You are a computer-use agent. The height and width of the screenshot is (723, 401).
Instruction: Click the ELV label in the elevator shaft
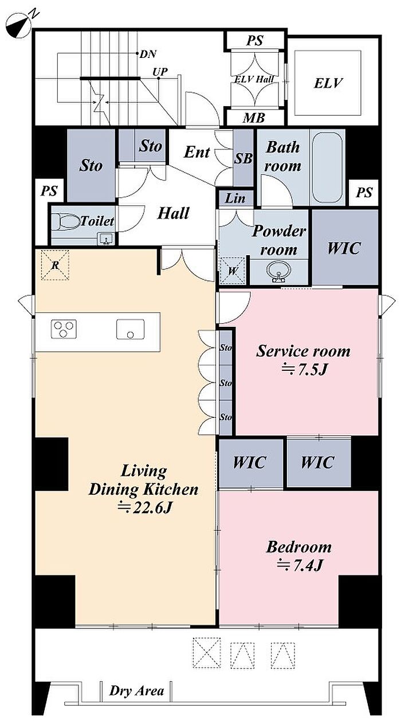point(328,83)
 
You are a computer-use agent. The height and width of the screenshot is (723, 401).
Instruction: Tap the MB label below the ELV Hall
point(254,118)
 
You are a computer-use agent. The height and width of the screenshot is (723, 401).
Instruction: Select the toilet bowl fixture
point(66,222)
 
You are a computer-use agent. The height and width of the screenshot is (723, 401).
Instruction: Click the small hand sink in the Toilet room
point(107,239)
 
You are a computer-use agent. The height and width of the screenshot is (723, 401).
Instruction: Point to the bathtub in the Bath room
point(327,167)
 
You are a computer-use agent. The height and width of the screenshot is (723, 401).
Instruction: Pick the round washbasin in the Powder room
point(279,271)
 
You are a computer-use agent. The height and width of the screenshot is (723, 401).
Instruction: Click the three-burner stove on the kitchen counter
point(64,329)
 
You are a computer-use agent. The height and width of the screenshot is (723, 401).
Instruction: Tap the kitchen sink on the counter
point(131,329)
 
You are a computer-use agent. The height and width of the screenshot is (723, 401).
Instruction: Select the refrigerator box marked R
point(55,265)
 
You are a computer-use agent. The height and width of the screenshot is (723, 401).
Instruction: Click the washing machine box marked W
point(233,271)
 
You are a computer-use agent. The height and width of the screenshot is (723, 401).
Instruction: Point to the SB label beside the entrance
point(243,158)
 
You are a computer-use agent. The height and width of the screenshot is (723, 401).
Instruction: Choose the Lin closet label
point(235,198)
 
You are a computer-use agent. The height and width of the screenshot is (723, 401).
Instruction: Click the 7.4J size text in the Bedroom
point(300,565)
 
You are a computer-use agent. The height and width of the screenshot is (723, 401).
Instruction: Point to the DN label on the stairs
point(148,54)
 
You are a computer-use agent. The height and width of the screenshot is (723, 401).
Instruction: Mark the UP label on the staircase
point(160,72)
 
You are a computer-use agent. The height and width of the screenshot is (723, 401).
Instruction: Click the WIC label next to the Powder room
point(344,248)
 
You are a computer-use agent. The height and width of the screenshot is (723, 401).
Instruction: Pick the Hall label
point(173,213)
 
